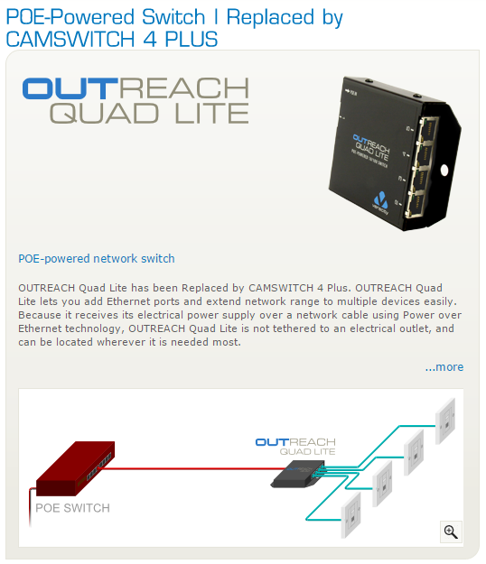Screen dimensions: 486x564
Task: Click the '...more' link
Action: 444,367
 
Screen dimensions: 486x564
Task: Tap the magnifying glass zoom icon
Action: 451,532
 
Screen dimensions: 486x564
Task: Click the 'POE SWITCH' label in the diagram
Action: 73,508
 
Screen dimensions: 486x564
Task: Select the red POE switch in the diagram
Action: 76,468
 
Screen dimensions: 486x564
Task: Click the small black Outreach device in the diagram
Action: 298,474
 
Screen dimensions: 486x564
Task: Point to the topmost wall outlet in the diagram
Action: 445,421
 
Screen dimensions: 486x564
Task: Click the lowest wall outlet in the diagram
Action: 351,515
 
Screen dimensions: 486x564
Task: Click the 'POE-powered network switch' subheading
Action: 97,259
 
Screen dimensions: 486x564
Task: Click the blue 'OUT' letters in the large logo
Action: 70,88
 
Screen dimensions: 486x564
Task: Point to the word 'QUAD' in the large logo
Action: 104,113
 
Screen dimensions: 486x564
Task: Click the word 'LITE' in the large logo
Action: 211,113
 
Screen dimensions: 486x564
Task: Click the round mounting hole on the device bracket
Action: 444,171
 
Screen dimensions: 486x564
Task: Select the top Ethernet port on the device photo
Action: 429,128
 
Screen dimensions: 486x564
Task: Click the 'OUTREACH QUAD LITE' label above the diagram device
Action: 295,447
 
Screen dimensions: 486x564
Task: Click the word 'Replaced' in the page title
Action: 270,17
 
